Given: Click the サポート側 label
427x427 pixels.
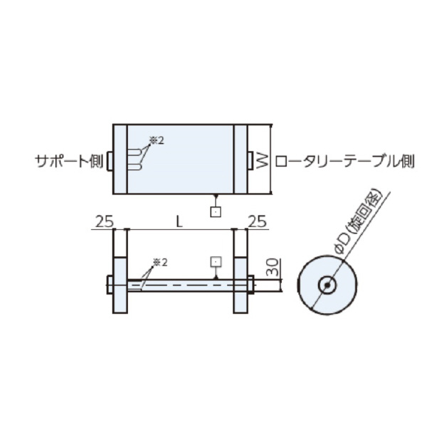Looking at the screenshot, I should (69, 162).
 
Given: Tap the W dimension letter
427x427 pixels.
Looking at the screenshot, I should (262, 160).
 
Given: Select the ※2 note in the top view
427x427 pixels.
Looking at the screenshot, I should (156, 140).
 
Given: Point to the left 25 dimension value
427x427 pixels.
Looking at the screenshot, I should (104, 221).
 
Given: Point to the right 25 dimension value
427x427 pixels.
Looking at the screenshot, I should (257, 221).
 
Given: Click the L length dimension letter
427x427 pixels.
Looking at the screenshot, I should (179, 221).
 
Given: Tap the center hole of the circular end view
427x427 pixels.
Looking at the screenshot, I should (327, 285).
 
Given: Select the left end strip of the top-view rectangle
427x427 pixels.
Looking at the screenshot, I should (120, 159).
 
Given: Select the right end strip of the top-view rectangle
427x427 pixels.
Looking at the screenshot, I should (241, 159).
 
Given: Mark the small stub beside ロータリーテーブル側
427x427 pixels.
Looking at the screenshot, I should (251, 161).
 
